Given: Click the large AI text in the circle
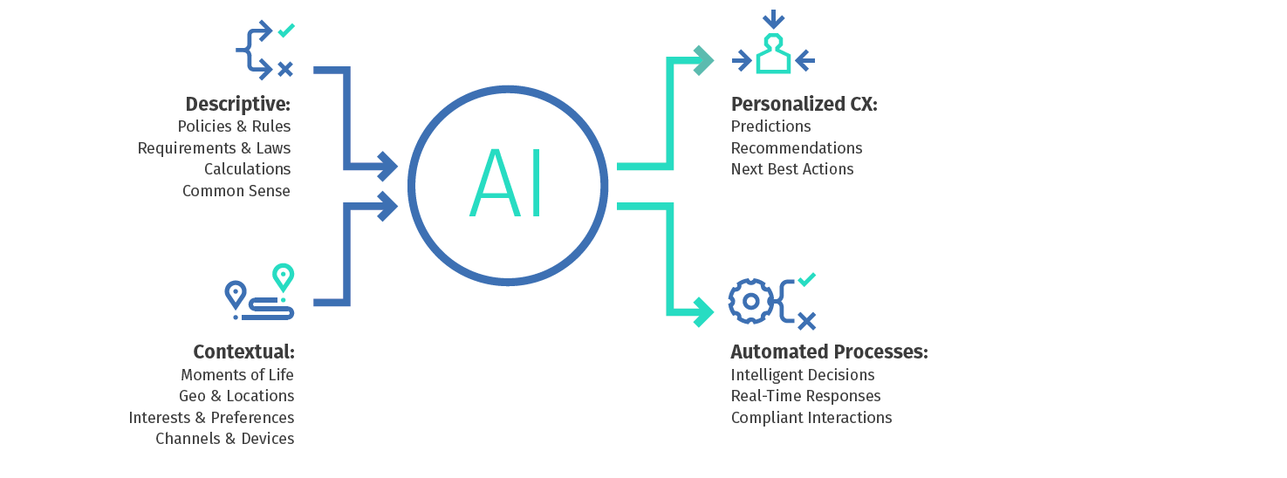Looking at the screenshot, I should pyautogui.click(x=506, y=184).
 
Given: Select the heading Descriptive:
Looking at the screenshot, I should pyautogui.click(x=237, y=104).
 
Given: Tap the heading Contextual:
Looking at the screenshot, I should pyautogui.click(x=243, y=352).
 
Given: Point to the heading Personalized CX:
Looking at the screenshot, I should pyautogui.click(x=804, y=104).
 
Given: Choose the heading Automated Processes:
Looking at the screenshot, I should pyautogui.click(x=829, y=352).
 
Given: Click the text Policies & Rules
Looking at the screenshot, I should pyautogui.click(x=234, y=126).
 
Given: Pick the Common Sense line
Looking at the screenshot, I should pyautogui.click(x=236, y=190).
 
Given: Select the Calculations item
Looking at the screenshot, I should pyautogui.click(x=247, y=168).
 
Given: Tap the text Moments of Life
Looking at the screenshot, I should pyautogui.click(x=237, y=374).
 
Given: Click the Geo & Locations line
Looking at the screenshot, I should pyautogui.click(x=236, y=396).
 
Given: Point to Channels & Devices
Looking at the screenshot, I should pyautogui.click(x=224, y=439).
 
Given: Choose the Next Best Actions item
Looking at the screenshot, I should pyautogui.click(x=792, y=168).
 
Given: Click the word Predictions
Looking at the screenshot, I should pyautogui.click(x=770, y=126).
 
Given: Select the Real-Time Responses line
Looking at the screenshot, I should pyautogui.click(x=805, y=396).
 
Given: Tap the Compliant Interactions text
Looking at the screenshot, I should pyautogui.click(x=811, y=417).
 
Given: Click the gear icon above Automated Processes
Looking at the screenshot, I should pyautogui.click(x=750, y=301).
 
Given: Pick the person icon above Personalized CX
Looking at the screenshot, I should pyautogui.click(x=773, y=54).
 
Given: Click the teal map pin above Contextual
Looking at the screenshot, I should pyautogui.click(x=283, y=277).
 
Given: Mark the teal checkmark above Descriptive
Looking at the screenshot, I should pyautogui.click(x=285, y=31).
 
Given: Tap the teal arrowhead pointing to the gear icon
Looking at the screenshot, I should pyautogui.click(x=703, y=311).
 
